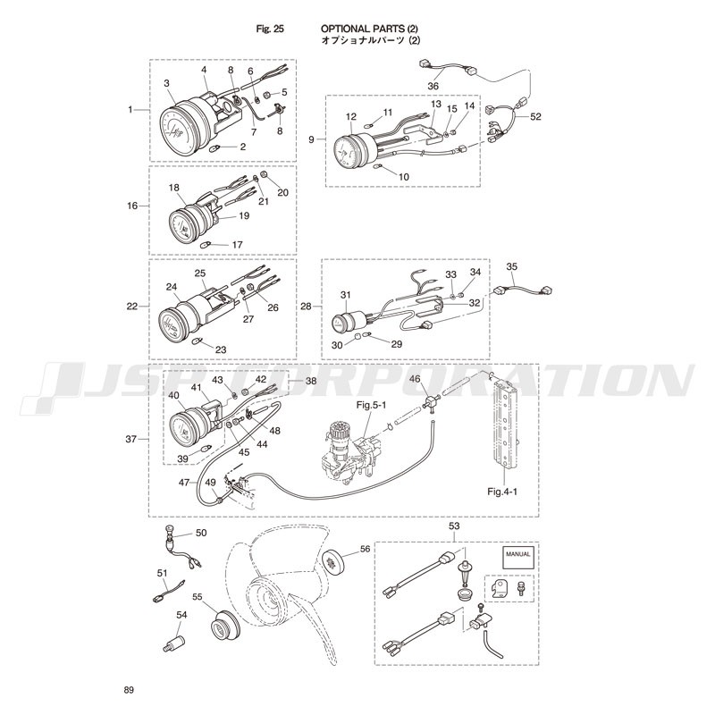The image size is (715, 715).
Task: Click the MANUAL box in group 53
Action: pos(518,557)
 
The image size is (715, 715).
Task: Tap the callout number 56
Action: pos(366,549)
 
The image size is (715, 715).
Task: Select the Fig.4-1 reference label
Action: pos(502,491)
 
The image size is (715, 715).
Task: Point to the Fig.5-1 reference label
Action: pos(372,404)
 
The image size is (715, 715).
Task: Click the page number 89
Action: pos(129,690)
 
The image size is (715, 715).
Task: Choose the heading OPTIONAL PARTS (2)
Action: pos(369,29)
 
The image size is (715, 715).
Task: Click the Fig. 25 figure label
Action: pos(270,29)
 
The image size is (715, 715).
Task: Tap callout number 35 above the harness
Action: pos(511,266)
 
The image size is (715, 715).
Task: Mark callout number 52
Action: pos(535,117)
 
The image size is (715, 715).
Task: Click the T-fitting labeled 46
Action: pos(428,403)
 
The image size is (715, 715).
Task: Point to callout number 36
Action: pos(433,86)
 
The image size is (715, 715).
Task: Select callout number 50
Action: pos(201,533)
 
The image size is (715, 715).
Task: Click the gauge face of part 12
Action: pos(346,150)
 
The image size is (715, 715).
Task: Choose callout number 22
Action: pos(132,307)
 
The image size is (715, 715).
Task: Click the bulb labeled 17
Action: pos(206,245)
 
